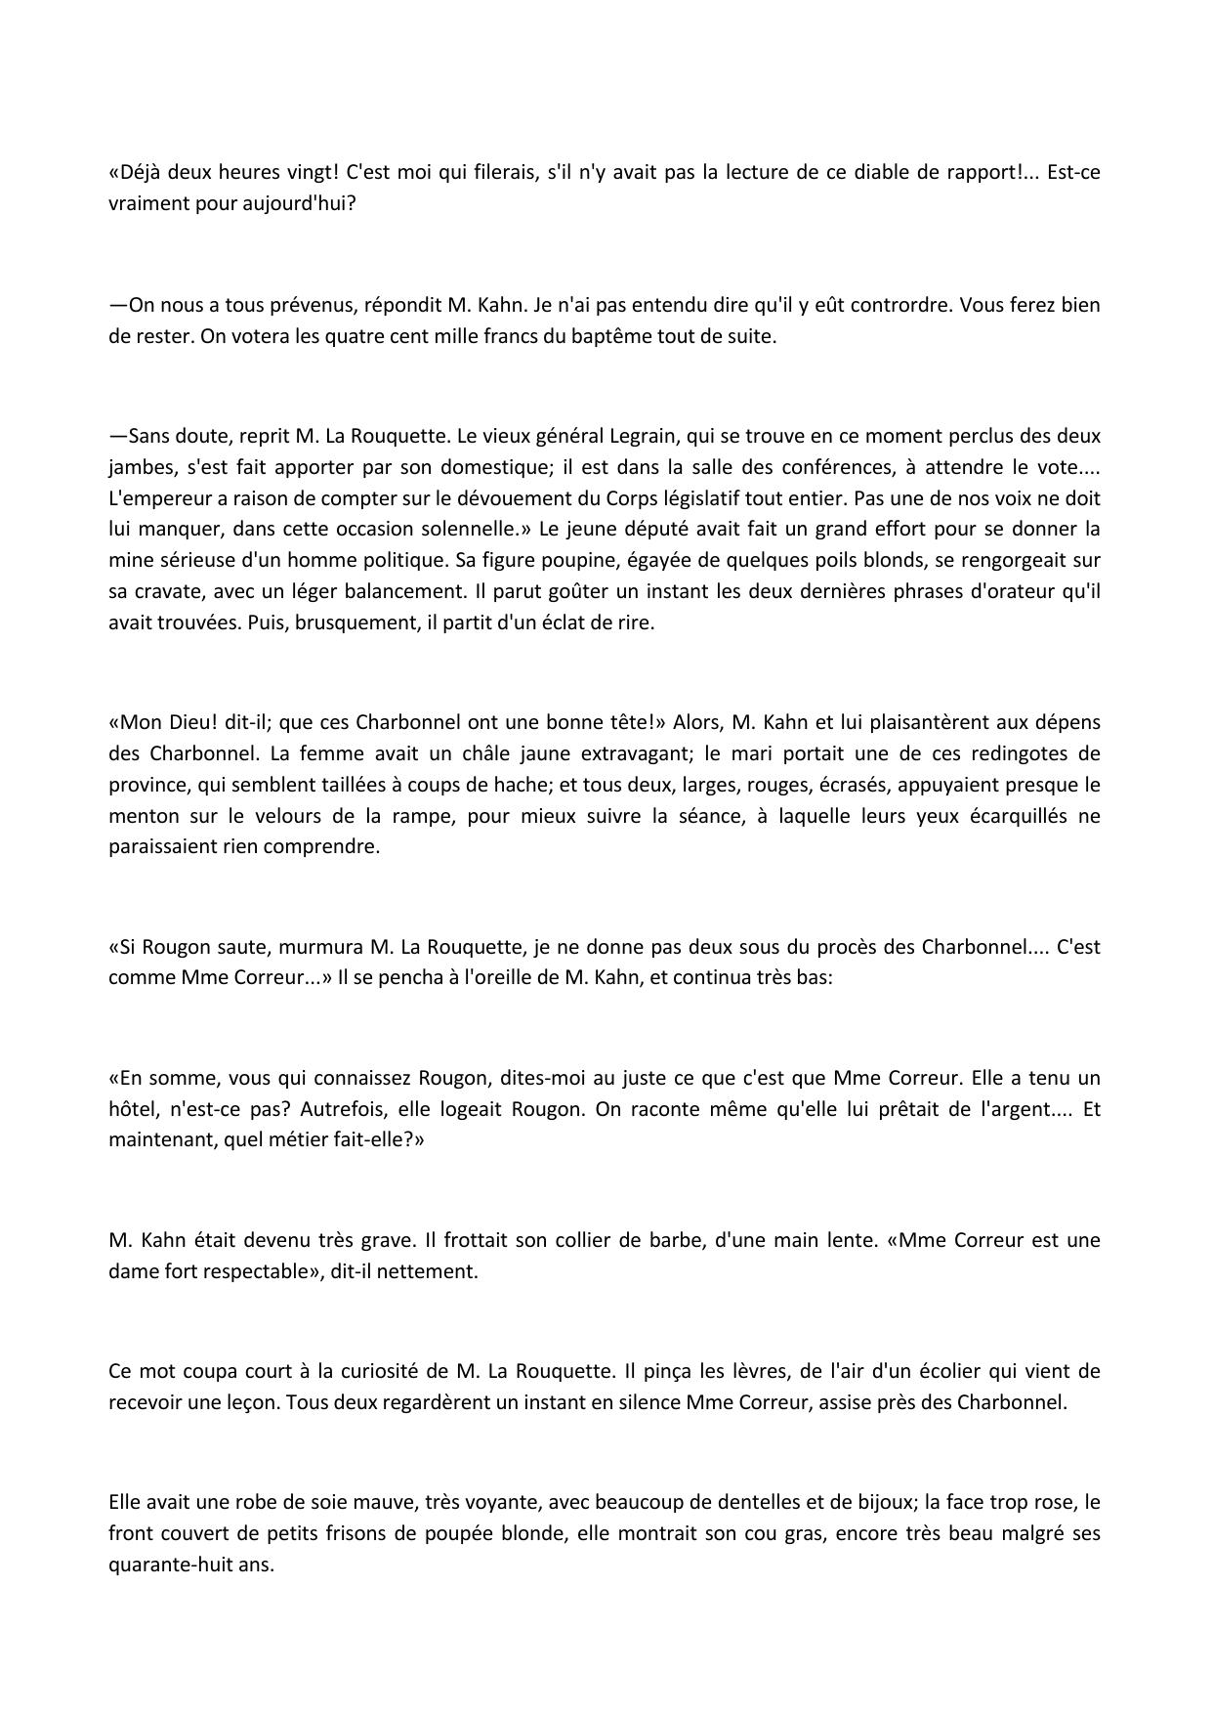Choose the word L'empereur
(x=155, y=498)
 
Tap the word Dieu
(x=184, y=723)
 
